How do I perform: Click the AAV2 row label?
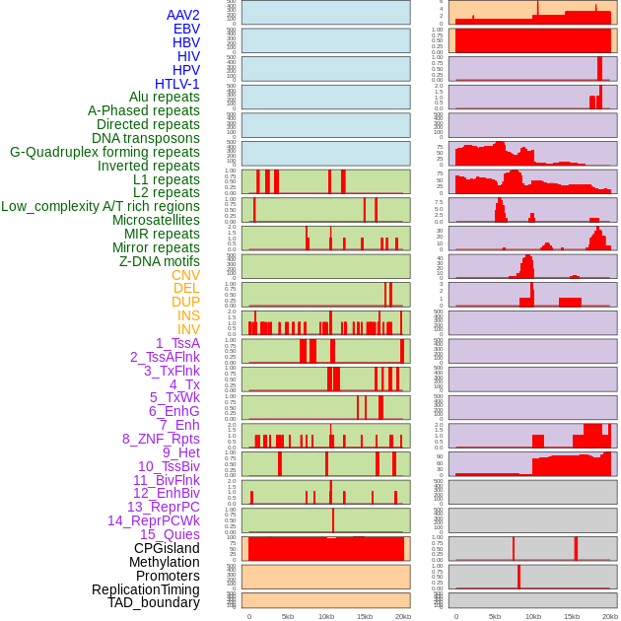182,15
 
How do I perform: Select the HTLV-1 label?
176,84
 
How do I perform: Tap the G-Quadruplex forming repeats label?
104,152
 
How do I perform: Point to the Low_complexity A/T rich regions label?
101,206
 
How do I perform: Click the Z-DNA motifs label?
159,261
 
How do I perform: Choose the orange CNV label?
185,275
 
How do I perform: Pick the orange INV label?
188,329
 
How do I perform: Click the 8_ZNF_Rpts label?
161,439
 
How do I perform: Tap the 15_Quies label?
170,534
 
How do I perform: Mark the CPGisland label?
167,548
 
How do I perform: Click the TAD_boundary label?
154,602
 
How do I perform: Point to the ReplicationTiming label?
145,589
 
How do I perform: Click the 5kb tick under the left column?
288,616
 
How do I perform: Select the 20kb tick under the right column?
610,616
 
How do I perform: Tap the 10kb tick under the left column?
326,616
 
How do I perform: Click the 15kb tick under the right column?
572,616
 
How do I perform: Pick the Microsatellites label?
156,220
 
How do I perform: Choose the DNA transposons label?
146,138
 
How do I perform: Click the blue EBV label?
186,29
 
